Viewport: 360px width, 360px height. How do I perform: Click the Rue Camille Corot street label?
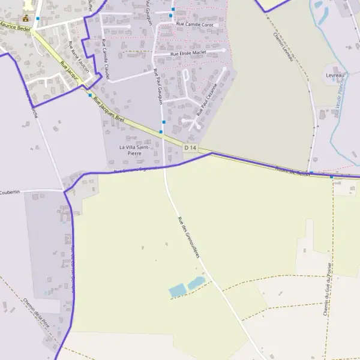tap(195, 24)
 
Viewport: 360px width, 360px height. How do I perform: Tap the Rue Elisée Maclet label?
tap(188, 53)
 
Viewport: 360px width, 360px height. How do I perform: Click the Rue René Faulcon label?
tap(79, 57)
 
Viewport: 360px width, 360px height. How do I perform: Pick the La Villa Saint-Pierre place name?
tap(134, 150)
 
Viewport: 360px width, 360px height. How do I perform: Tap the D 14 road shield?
tap(190, 148)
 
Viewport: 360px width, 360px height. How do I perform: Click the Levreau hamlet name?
tap(335, 75)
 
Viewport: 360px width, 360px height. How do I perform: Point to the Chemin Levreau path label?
tap(283, 46)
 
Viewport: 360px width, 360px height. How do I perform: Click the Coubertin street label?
tap(10, 191)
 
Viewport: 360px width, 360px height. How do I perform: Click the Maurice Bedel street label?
tap(15, 28)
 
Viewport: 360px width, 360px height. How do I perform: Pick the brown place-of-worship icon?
tap(26, 18)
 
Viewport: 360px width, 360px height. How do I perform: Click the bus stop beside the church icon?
tap(38, 19)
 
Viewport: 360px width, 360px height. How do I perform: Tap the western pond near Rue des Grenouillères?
tap(178, 291)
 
